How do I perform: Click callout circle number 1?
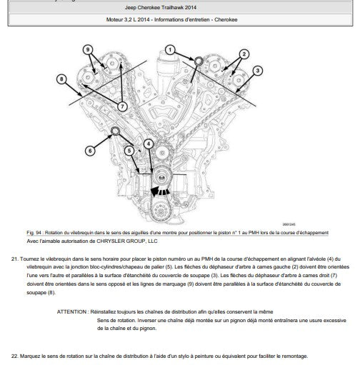170,50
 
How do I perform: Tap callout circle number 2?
244,54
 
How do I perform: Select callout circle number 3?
257,71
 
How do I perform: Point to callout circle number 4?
149,144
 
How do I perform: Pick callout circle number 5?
129,151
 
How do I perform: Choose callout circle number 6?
90,151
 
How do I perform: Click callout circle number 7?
122,106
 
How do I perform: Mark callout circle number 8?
61,79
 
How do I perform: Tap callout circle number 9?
88,50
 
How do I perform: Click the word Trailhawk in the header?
169,7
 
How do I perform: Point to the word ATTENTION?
71,311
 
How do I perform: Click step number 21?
14,259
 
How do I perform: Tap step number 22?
14,356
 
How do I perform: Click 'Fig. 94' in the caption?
34,233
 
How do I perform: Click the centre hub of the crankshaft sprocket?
161,177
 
